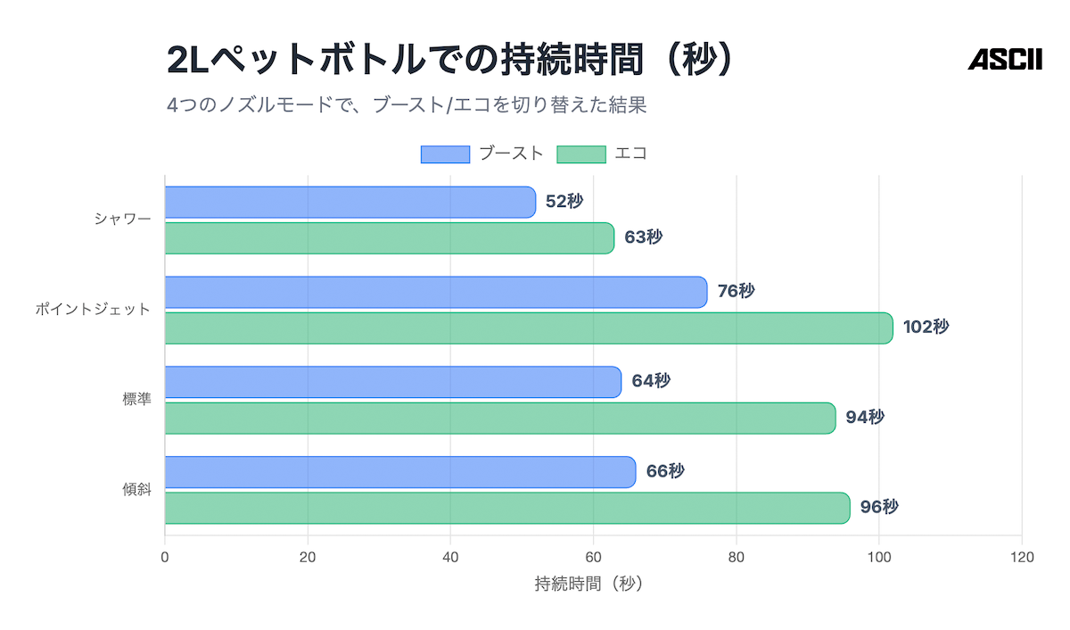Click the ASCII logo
[1005, 60]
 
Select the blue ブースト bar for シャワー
[350, 203]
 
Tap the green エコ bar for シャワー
[389, 238]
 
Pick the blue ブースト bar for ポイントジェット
[435, 292]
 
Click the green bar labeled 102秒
[528, 327]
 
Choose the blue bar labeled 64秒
[392, 382]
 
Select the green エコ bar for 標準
[499, 418]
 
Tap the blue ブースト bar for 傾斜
[399, 472]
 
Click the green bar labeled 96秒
[506, 508]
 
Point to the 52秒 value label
[564, 202]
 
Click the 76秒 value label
[736, 291]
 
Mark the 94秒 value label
[865, 417]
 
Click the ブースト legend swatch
[445, 153]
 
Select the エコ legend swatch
[581, 153]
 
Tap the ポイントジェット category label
[93, 310]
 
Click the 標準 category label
[136, 400]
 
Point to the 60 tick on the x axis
[593, 558]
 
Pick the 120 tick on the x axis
[1022, 558]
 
